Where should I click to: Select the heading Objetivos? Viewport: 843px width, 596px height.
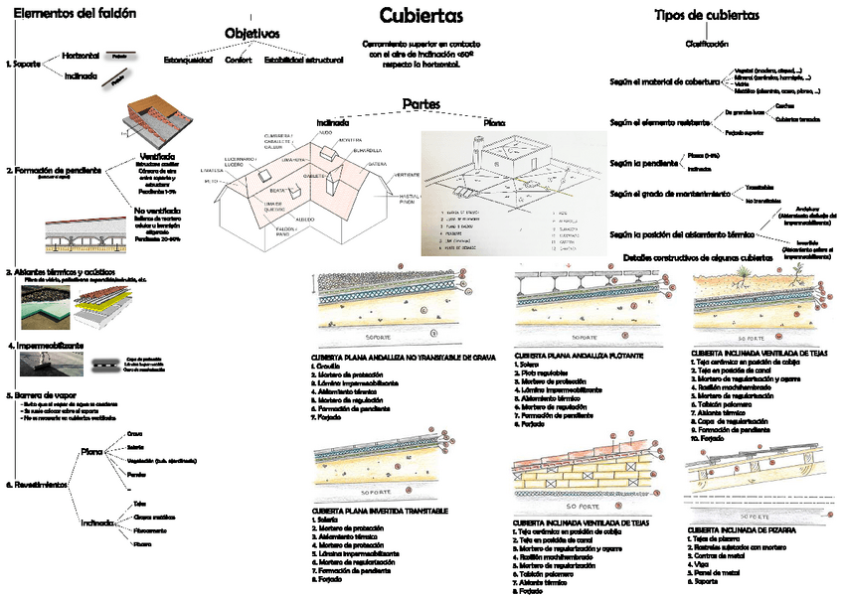252,34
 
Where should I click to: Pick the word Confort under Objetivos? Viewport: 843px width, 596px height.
238,61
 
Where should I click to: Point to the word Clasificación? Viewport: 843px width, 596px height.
707,44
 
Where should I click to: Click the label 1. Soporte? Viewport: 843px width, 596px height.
23,65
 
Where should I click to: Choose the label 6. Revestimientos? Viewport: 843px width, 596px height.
38,485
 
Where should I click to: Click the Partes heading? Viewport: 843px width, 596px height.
421,103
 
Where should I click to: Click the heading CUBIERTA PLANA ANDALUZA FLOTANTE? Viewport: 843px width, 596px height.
579,355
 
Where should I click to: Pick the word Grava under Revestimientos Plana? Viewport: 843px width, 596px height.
135,434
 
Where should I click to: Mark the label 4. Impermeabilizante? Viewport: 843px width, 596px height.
46,346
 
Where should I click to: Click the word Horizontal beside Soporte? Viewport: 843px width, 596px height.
81,56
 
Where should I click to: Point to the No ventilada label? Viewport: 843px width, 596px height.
155,211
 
